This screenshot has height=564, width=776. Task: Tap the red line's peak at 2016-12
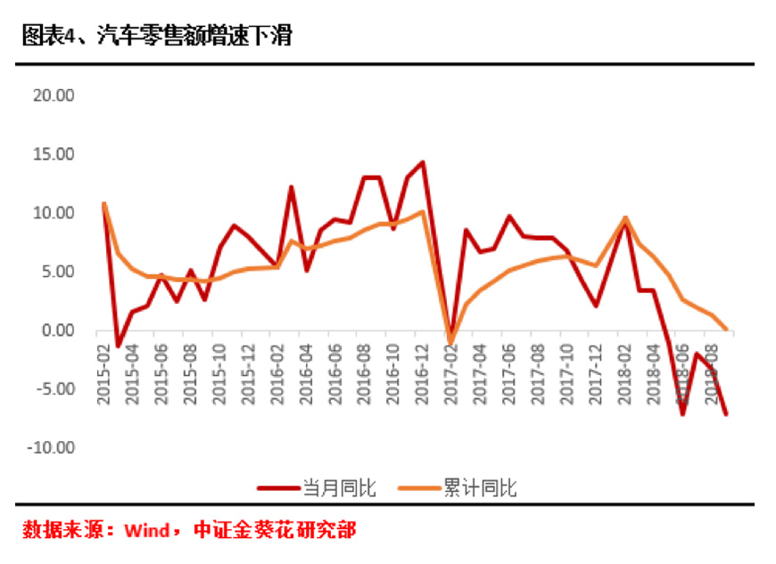click(x=422, y=162)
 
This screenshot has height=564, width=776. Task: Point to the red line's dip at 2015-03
click(x=118, y=346)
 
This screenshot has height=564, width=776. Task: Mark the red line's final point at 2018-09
click(x=726, y=414)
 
